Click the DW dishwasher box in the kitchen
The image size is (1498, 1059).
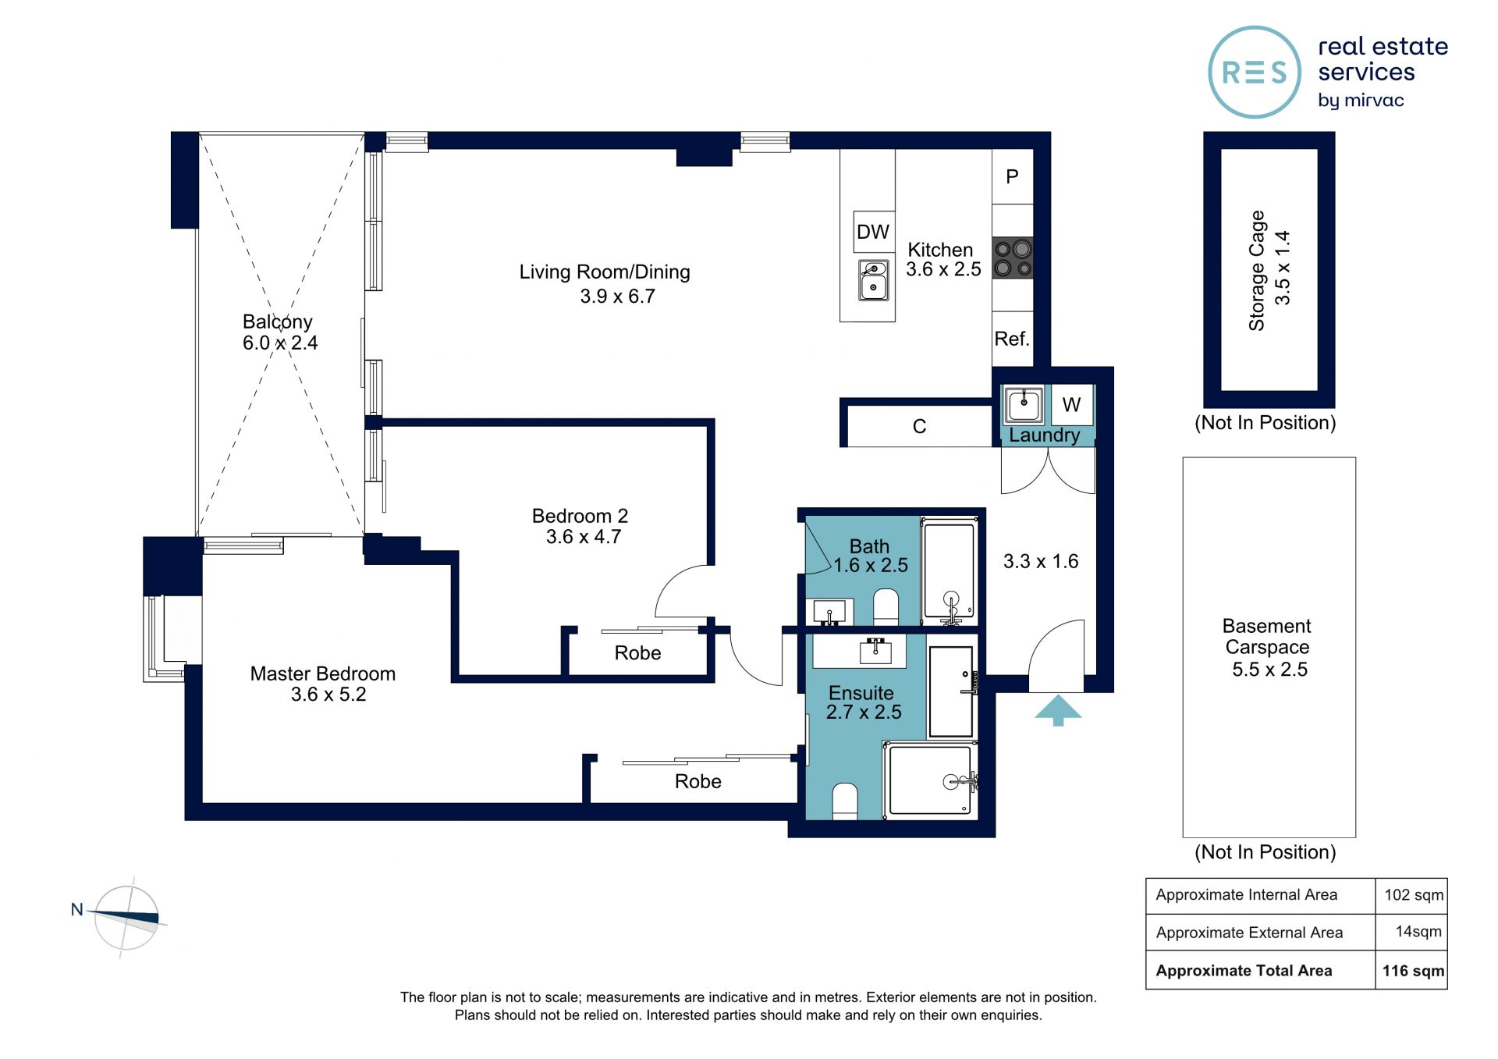pyautogui.click(x=874, y=232)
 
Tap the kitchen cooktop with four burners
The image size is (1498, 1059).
pyautogui.click(x=1013, y=258)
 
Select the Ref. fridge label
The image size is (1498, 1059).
pyautogui.click(x=1012, y=339)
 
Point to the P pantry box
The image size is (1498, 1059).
pyautogui.click(x=1013, y=177)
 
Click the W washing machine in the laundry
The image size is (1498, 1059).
pyautogui.click(x=1071, y=404)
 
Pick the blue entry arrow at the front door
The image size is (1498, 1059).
pyautogui.click(x=1058, y=710)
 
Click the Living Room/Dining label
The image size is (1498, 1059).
pyautogui.click(x=605, y=272)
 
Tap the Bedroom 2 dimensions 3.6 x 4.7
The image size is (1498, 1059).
pyautogui.click(x=584, y=537)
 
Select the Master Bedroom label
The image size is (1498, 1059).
pyautogui.click(x=323, y=673)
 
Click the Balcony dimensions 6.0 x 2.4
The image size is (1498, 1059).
pyautogui.click(x=280, y=343)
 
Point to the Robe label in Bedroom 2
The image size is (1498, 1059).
pyautogui.click(x=637, y=653)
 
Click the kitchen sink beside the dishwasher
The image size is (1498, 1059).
pyautogui.click(x=874, y=280)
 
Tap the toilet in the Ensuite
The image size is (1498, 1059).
pyautogui.click(x=845, y=802)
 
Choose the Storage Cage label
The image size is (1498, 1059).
pyautogui.click(x=1256, y=270)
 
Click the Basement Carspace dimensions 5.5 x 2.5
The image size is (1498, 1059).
pyautogui.click(x=1269, y=670)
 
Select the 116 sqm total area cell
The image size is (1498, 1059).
pyautogui.click(x=1413, y=971)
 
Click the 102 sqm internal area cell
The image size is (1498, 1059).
pyautogui.click(x=1413, y=895)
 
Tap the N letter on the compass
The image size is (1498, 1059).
pyautogui.click(x=76, y=909)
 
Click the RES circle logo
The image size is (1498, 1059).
pyautogui.click(x=1255, y=73)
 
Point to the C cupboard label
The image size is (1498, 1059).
pyautogui.click(x=920, y=427)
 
